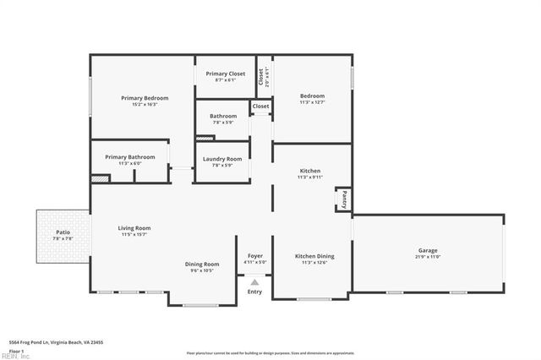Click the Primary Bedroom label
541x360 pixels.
click(x=145, y=98)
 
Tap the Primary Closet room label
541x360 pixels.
click(x=226, y=74)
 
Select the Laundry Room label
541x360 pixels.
click(x=222, y=159)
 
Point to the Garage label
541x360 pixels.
click(x=428, y=250)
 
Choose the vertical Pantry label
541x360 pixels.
click(x=344, y=199)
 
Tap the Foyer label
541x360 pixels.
click(x=255, y=256)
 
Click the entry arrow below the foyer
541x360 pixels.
click(x=254, y=282)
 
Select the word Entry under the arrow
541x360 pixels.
click(x=254, y=292)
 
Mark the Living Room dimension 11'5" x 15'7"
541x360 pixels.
click(x=134, y=234)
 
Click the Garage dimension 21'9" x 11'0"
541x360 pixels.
click(x=428, y=257)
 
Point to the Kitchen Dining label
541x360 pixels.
click(x=314, y=256)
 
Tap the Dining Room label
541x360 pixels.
click(x=202, y=265)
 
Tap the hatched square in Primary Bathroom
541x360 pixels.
click(x=101, y=178)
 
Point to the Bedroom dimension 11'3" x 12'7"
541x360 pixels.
click(x=312, y=102)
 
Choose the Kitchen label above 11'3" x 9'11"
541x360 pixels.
click(x=310, y=171)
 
